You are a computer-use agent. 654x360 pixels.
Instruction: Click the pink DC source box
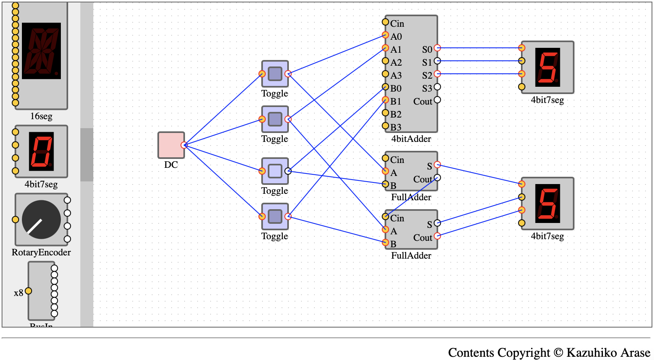(171, 145)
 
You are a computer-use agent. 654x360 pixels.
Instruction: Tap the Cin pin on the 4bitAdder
(385, 22)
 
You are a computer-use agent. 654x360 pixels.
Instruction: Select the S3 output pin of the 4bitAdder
(437, 87)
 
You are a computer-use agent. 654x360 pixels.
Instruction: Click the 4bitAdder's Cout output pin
(437, 100)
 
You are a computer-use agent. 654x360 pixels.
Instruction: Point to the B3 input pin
(385, 126)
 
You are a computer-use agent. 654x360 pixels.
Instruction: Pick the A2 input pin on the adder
(385, 61)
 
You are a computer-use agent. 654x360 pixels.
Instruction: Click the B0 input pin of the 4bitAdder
(385, 87)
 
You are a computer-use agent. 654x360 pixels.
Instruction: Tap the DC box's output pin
(184, 145)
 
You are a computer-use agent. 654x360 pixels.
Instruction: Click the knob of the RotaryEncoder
(41, 219)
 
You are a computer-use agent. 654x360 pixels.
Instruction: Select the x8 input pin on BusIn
(28, 291)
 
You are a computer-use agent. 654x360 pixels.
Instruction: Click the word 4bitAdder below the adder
(411, 139)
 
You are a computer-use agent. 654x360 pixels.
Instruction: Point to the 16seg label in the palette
(41, 116)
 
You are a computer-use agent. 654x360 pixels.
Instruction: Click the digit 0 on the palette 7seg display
(41, 151)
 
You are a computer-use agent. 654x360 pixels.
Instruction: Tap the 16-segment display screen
(41, 51)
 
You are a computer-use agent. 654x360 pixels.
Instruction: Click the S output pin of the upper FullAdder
(437, 165)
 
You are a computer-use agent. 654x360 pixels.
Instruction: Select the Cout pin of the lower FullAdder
(437, 236)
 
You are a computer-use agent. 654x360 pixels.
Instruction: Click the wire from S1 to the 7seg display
(480, 61)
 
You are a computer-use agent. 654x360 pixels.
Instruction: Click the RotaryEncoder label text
(41, 252)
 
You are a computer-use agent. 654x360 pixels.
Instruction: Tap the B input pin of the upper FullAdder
(385, 184)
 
